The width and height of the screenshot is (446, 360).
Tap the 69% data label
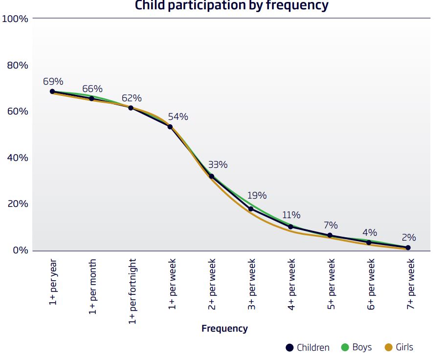(x=53, y=81)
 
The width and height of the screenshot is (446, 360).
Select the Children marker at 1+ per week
(x=170, y=127)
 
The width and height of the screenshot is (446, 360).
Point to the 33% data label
(x=218, y=164)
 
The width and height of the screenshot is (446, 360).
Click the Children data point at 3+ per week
(x=251, y=209)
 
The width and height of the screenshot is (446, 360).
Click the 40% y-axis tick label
(x=18, y=158)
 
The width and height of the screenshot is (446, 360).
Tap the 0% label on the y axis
(x=20, y=250)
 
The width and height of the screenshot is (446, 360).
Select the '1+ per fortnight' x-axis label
(x=133, y=291)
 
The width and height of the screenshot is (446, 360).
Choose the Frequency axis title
(x=224, y=329)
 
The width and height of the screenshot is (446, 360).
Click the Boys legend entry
(x=356, y=348)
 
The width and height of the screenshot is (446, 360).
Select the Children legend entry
(x=308, y=348)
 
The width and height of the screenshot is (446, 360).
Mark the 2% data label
(x=409, y=238)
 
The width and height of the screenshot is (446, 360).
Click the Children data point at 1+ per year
(x=52, y=91)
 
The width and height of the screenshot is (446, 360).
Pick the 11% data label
(x=291, y=215)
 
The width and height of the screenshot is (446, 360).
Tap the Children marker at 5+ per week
(x=330, y=235)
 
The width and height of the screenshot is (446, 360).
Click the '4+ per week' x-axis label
(x=291, y=283)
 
